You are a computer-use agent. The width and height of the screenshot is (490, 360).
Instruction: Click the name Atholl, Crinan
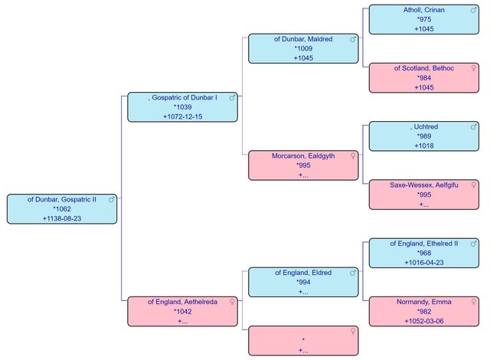423,10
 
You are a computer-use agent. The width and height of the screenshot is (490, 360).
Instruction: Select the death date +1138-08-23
62,218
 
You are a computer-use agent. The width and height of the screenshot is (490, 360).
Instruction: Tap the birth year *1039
182,107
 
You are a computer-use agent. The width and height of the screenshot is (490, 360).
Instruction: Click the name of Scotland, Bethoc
423,68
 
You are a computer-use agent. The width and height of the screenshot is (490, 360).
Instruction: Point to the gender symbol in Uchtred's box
474,126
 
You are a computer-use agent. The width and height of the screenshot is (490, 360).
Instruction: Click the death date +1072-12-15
182,116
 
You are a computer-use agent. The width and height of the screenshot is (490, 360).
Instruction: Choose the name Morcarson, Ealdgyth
303,156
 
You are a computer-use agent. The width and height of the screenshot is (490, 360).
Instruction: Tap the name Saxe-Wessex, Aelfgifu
423,185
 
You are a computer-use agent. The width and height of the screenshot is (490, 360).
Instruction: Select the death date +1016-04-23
423,263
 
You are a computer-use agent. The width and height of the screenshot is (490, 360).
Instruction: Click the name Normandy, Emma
423,302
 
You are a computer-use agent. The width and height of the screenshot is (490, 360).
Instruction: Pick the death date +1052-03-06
423,321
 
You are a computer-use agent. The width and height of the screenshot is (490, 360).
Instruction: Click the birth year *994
303,282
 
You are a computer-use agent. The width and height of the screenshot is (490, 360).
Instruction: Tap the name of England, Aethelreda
182,302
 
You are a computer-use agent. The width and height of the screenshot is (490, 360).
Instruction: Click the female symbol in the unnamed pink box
353,331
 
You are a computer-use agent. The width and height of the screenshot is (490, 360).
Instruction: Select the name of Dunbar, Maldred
303,39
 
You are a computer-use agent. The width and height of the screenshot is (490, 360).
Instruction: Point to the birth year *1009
303,48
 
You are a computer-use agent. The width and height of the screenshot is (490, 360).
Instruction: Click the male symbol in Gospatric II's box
112,199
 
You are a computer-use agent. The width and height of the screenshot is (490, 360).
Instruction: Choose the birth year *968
423,253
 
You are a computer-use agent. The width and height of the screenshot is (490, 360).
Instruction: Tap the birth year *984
423,78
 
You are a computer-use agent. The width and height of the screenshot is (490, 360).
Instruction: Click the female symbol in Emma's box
474,302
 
